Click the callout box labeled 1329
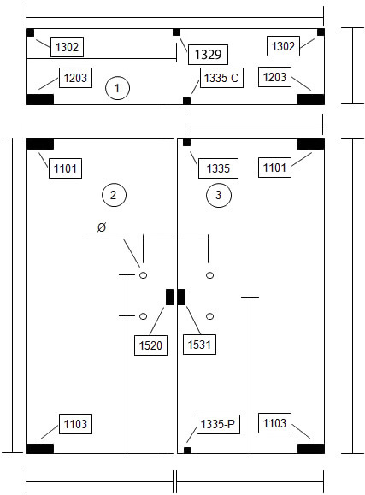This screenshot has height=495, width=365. tap(208, 55)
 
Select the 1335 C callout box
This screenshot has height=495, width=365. tap(221, 78)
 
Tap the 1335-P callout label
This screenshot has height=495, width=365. tap(218, 424)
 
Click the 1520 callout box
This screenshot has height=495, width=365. tap(150, 345)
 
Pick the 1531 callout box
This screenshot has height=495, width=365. tap(199, 345)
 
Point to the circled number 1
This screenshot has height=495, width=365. tap(117, 88)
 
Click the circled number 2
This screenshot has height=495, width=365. tap(114, 195)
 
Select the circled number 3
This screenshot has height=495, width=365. tap(219, 195)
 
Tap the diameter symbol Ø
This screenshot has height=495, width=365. tap(102, 227)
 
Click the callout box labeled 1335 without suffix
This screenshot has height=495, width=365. tap(218, 168)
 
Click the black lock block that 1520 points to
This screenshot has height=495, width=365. tap(170, 297)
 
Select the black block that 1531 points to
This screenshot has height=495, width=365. tap(181, 297)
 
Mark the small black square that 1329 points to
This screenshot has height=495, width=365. tap(176, 32)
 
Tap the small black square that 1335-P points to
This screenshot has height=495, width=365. tap(187, 451)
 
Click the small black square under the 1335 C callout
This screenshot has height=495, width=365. tap(186, 101)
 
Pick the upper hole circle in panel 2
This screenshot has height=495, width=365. tap(143, 275)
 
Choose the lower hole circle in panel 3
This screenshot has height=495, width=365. tap(209, 316)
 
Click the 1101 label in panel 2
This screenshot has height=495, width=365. tap(65, 168)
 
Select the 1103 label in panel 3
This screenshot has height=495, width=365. tap(274, 423)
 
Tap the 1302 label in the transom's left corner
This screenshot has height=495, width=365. tap(67, 47)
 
